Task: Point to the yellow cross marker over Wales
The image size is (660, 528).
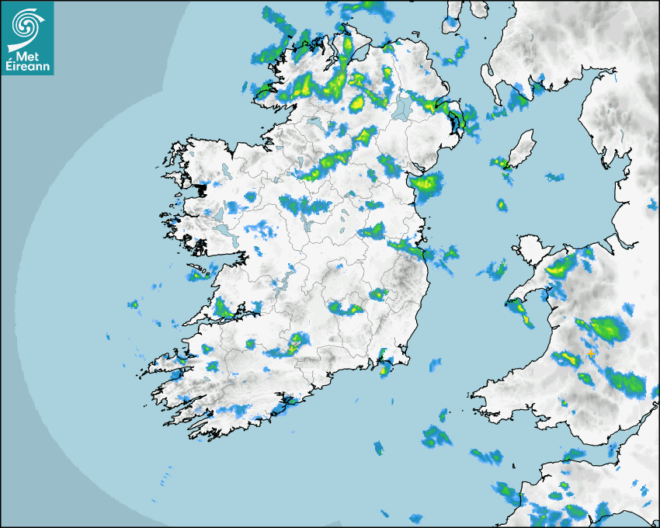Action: click(591, 354)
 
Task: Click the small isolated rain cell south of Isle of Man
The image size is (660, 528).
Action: click(502, 206)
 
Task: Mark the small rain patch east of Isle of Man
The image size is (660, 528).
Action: click(554, 177)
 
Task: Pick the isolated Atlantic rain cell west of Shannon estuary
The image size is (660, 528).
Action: click(133, 304)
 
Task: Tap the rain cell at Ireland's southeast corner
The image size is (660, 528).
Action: click(384, 366)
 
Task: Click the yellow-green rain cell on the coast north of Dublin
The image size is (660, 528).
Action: click(426, 185)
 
